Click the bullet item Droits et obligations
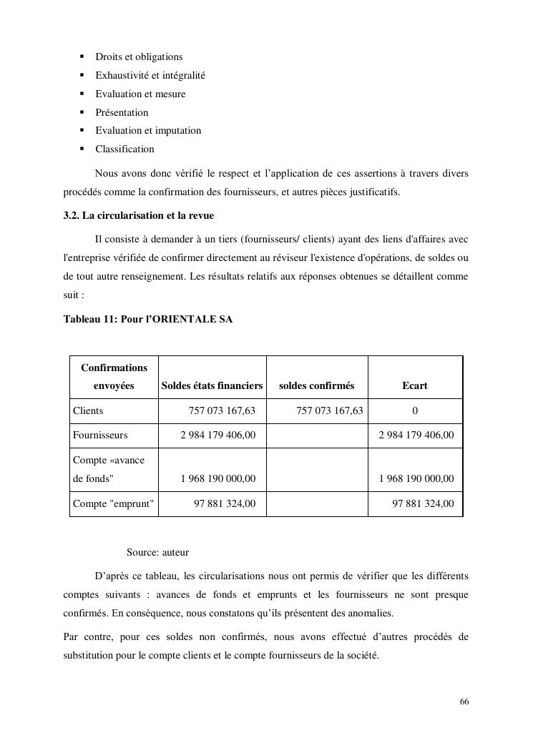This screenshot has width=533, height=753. [139, 57]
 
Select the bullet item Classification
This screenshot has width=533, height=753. [124, 149]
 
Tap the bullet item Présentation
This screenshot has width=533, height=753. [122, 112]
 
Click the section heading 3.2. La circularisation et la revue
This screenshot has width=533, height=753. [139, 216]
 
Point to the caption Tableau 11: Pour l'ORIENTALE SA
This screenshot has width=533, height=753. [148, 320]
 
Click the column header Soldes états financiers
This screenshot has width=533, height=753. [212, 385]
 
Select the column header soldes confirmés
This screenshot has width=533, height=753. [316, 385]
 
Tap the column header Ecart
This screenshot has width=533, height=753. [415, 385]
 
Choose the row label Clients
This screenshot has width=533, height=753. [88, 411]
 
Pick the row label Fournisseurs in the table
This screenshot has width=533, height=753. [100, 435]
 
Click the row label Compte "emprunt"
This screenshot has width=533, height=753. [113, 504]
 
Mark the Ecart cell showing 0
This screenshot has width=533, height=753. [415, 411]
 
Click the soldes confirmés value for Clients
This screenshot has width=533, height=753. [329, 411]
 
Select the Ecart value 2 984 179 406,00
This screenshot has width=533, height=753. [416, 435]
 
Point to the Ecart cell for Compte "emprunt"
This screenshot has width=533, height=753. [423, 504]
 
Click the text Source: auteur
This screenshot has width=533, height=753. [157, 553]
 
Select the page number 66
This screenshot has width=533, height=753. [464, 702]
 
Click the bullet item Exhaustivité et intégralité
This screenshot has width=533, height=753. [150, 76]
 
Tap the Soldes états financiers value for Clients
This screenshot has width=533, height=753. [222, 411]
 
